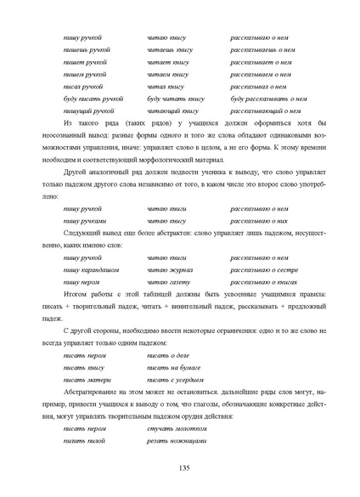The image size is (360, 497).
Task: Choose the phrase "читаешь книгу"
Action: (170, 50)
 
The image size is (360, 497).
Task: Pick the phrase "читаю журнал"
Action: (170, 269)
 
